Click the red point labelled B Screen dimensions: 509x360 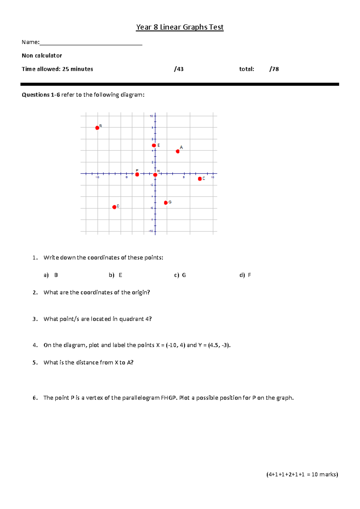(x=97, y=128)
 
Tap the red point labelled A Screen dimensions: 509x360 (x=178, y=151)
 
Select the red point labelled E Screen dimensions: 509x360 (x=154, y=146)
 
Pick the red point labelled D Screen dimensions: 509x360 (x=114, y=207)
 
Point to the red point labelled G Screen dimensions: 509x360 (x=166, y=203)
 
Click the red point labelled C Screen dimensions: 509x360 (x=200, y=179)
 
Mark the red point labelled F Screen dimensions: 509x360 (x=137, y=174)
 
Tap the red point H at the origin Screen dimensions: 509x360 (x=155, y=175)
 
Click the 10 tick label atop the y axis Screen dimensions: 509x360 (x=151, y=116)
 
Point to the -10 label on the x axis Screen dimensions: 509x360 (x=97, y=178)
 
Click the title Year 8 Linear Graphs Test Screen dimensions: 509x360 (x=180, y=27)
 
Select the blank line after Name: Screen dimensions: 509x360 (x=91, y=43)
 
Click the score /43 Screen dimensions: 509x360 (x=179, y=69)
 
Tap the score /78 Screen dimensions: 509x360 (x=274, y=69)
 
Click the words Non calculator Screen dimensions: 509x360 (x=42, y=56)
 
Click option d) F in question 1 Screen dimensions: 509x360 (x=245, y=275)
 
